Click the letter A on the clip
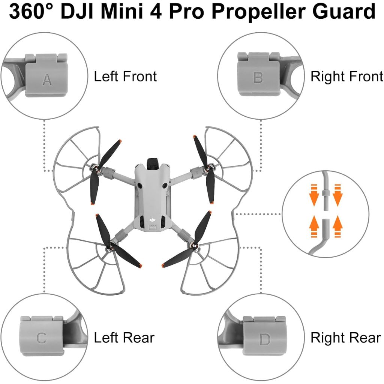(x=47, y=79)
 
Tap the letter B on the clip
(x=258, y=78)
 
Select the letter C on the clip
(x=41, y=338)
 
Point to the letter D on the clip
(x=265, y=340)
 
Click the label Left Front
(x=125, y=76)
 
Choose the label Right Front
(x=346, y=76)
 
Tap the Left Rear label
(x=124, y=337)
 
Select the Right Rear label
(x=345, y=337)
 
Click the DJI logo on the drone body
(x=153, y=220)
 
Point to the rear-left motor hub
(x=111, y=246)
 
